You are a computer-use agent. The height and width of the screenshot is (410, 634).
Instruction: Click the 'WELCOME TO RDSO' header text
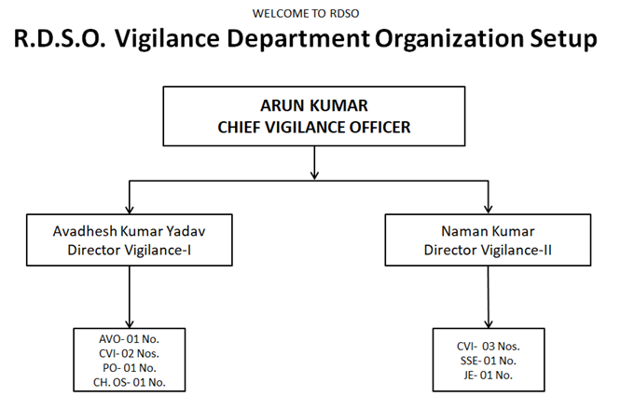(306, 14)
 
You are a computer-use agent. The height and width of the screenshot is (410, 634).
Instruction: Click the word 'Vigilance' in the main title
(167, 38)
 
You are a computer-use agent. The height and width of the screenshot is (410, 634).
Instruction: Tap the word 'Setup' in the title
(563, 39)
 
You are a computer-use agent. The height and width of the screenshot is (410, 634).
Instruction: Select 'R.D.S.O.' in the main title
(60, 38)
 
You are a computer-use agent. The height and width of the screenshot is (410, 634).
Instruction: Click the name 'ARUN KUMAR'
(314, 106)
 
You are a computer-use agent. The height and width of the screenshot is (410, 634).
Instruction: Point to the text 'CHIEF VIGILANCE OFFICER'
(314, 128)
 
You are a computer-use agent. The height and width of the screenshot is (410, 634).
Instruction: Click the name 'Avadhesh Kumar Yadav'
(129, 231)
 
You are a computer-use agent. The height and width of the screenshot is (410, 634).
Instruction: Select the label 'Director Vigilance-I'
(129, 251)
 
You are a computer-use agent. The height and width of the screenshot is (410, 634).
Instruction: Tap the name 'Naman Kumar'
(488, 231)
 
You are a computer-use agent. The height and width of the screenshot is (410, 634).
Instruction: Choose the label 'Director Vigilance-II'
(488, 251)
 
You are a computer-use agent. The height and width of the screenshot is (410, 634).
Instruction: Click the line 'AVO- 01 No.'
(129, 339)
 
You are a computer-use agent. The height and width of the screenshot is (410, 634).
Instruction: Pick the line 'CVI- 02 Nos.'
(129, 353)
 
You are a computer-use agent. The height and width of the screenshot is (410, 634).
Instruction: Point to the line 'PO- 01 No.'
(129, 368)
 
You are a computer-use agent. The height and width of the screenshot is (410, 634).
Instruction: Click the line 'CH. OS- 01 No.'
(129, 383)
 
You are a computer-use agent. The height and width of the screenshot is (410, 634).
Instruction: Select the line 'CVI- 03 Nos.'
(488, 347)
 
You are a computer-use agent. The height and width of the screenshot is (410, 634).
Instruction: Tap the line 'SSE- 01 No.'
(488, 361)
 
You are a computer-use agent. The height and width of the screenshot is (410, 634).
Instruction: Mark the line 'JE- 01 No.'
(488, 376)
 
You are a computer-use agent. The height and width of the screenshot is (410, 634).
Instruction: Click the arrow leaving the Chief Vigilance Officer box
(314, 162)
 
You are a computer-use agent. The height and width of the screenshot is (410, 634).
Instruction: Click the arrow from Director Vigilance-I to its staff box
(130, 297)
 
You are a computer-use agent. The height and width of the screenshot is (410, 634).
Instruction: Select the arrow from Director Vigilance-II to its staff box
(488, 297)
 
